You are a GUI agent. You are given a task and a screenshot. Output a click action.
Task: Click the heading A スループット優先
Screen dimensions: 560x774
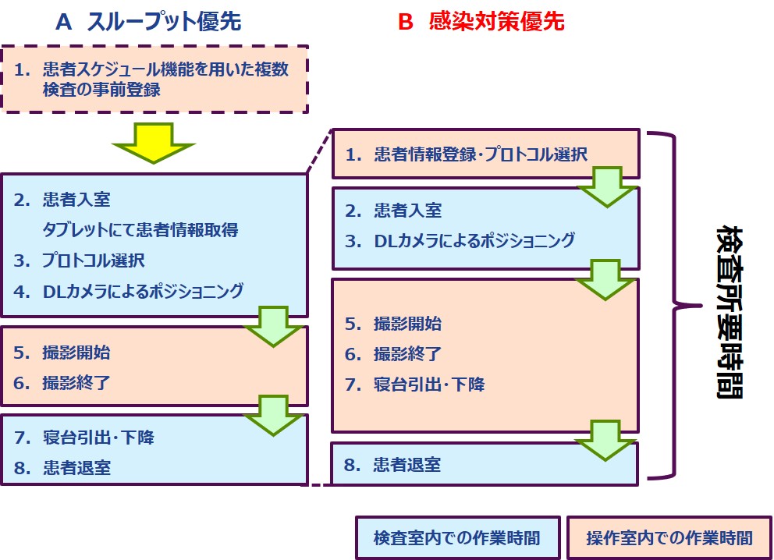click(148, 22)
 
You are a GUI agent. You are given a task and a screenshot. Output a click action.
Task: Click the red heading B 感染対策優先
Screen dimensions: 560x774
click(481, 22)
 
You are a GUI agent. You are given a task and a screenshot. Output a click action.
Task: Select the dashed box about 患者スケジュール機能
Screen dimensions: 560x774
click(154, 79)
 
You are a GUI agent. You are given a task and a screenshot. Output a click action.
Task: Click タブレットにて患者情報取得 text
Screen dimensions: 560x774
click(140, 230)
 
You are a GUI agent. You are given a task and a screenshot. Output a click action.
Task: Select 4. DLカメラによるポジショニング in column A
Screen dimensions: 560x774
click(129, 291)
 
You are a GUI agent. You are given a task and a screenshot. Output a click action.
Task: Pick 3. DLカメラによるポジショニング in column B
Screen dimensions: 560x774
click(460, 240)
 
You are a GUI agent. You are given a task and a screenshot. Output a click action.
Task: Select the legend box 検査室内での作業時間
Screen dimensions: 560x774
click(457, 537)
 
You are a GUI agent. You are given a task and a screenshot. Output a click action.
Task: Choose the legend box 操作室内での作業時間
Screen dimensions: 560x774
click(669, 537)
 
